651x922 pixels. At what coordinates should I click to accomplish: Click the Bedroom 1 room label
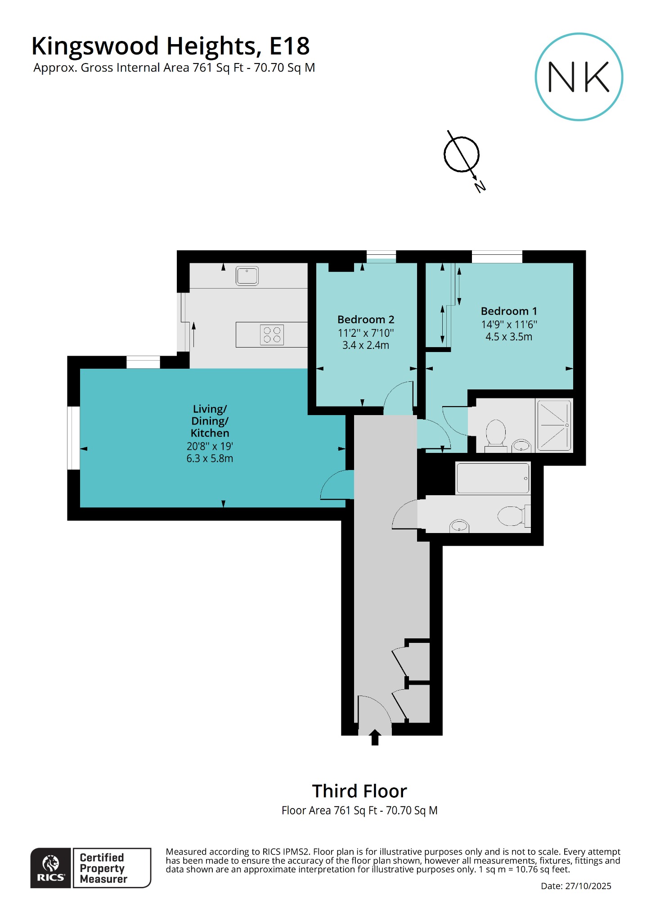coord(509,311)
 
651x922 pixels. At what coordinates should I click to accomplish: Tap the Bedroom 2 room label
coord(366,320)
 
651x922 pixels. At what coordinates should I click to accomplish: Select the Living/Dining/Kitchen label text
coord(210,421)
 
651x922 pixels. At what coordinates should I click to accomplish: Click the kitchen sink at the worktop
coord(247,276)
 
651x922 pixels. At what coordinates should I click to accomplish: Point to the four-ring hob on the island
coord(272,334)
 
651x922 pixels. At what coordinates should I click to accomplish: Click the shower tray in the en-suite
coord(554,425)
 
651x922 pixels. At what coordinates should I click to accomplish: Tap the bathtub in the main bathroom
coord(493,478)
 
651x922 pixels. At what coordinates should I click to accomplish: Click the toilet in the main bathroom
coord(513,516)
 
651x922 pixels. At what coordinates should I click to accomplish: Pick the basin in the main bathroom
coord(459,526)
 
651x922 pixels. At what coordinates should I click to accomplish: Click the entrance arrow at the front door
coord(375,737)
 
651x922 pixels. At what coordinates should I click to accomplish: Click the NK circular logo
coord(579,77)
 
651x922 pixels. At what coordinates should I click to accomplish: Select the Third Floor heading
coord(359,791)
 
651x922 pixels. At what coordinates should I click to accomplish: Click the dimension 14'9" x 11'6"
coord(509,324)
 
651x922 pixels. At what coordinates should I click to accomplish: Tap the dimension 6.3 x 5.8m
coord(210,459)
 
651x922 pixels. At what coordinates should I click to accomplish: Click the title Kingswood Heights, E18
coord(171,46)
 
